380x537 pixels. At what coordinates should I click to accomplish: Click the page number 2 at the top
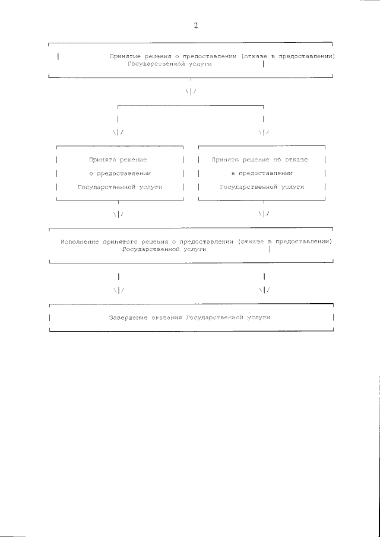tap(195, 26)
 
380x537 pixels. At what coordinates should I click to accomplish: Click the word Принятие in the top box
tap(126, 56)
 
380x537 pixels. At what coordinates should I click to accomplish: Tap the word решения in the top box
tap(161, 56)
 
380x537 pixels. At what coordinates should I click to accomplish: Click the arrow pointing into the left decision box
tap(119, 132)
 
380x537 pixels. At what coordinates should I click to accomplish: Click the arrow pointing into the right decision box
tap(264, 132)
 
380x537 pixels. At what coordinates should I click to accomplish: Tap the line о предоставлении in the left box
tap(119, 173)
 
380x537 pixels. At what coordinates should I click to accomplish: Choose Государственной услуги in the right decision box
tap(262, 186)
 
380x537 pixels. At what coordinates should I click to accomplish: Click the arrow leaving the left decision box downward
tap(119, 214)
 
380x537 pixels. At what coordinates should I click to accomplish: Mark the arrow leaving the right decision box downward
tap(264, 214)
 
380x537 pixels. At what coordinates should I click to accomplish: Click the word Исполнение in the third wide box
tap(81, 242)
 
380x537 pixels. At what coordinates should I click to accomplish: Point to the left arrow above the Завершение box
tap(119, 290)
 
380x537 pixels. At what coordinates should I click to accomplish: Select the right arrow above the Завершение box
tap(264, 290)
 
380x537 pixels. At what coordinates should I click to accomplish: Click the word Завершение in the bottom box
tap(128, 318)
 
